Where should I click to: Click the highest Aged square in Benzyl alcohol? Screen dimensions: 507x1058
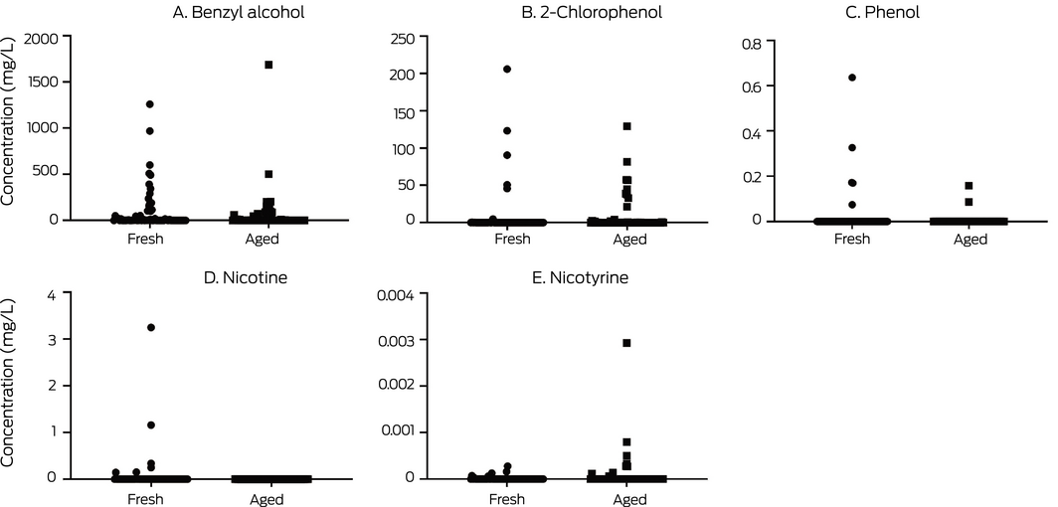click(x=268, y=65)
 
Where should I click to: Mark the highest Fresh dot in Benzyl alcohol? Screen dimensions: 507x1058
click(x=150, y=103)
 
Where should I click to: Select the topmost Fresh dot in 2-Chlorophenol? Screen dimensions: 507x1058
click(x=507, y=69)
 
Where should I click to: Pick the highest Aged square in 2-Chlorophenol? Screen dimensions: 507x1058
click(x=627, y=126)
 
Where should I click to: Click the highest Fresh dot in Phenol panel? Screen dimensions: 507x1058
click(x=852, y=78)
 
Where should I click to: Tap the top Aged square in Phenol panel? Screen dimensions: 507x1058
click(x=969, y=186)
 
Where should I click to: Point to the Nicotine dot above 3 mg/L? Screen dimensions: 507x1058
click(x=151, y=327)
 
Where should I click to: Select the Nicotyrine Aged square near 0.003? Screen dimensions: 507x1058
click(x=626, y=342)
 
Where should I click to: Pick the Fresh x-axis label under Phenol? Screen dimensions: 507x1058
click(x=852, y=240)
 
